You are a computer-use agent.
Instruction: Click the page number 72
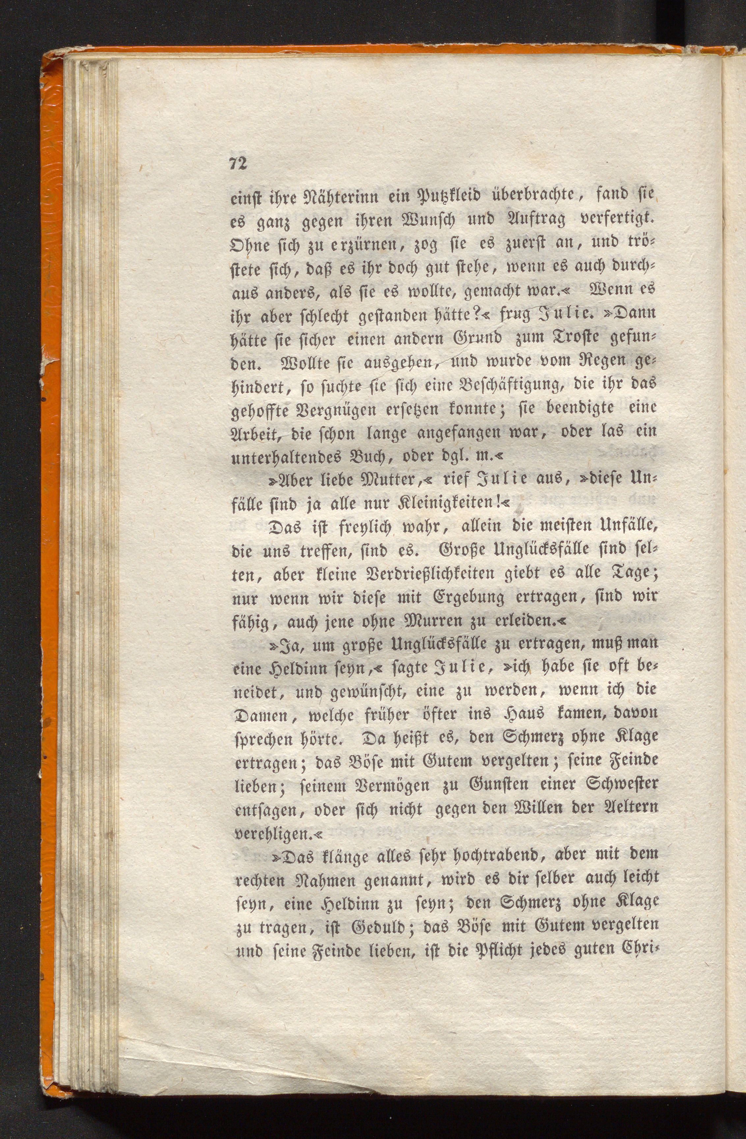point(238,163)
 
